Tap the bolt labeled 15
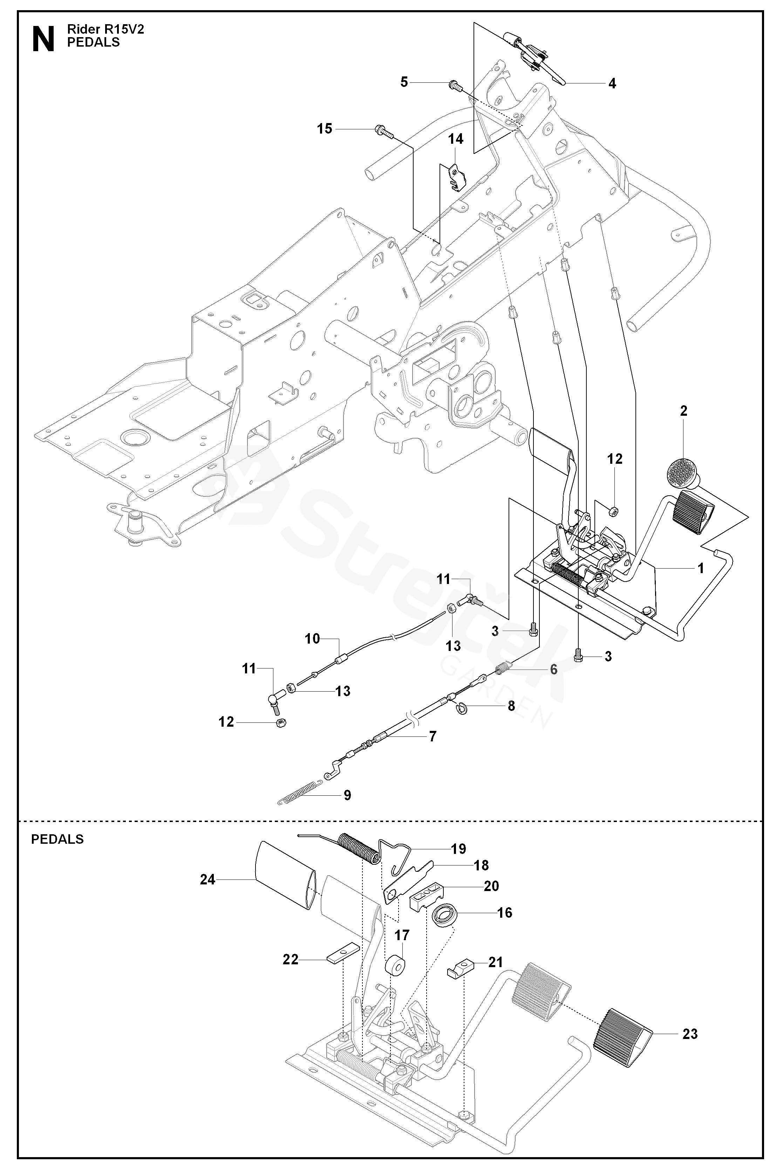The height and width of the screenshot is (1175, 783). click(383, 131)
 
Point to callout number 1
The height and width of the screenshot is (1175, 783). click(701, 568)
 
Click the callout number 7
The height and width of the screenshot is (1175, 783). click(433, 736)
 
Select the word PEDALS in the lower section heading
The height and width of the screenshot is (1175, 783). click(57, 838)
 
